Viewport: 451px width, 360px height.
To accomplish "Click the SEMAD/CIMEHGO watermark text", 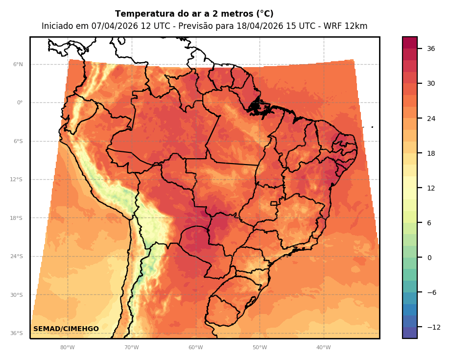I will coord(66,329).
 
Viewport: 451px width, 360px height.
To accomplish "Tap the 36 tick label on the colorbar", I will coord(431,48).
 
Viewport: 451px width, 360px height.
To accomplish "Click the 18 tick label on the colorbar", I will coord(431,153).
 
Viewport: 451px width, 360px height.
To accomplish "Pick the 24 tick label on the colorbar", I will coord(431,119).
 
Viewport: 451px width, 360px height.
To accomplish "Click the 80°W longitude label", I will coord(68,348).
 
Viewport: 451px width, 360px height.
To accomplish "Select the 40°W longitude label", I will coord(324,348).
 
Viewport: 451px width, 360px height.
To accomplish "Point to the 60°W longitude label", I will coord(196,348).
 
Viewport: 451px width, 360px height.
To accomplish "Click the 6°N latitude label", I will coord(18,65).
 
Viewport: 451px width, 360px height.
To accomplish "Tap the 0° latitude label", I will coord(20,103).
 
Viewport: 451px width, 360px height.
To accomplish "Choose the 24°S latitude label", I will coord(17,257).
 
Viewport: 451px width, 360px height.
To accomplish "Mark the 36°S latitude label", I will coord(17,334).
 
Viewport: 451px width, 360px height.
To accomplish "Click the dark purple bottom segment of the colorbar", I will coord(410,333).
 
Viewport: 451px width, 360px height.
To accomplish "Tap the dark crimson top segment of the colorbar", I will coord(410,43).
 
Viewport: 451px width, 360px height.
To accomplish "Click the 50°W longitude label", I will coord(260,348).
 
